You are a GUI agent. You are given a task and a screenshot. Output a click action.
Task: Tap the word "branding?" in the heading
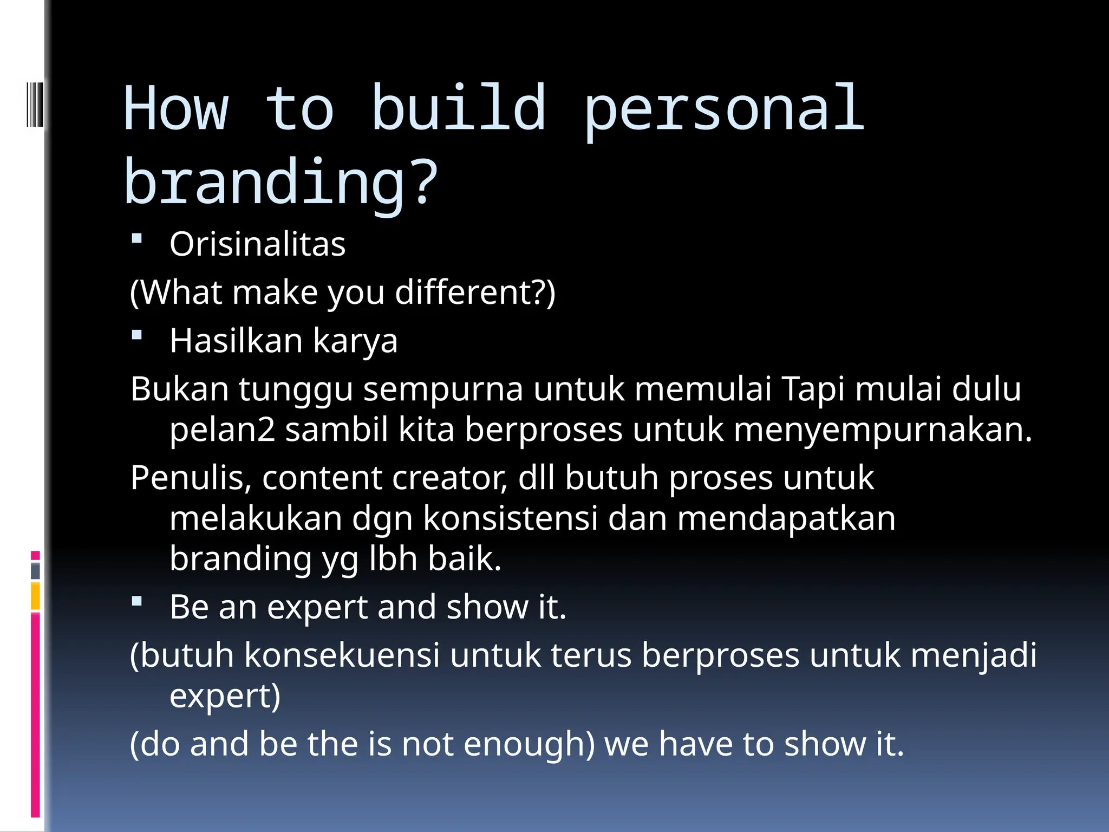coord(280,183)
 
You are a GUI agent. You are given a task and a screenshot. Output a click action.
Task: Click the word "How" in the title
coord(176,109)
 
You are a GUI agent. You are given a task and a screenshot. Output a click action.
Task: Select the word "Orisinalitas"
coord(257,244)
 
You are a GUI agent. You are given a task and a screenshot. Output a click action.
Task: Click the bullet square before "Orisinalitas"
coord(137,238)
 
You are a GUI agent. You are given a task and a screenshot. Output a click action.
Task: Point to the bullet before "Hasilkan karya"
coord(137,335)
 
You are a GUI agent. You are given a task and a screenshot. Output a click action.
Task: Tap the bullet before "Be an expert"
coord(137,601)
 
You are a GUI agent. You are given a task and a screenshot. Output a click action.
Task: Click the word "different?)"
coord(475,292)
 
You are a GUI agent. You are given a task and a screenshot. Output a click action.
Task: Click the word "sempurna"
coord(443,389)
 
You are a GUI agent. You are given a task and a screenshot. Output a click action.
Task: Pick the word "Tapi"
coord(813,389)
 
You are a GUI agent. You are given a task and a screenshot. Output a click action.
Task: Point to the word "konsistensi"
coord(510,518)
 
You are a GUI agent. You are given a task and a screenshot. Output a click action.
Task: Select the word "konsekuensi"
coord(342,655)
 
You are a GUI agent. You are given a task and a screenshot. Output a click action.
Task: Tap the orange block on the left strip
coord(35,595)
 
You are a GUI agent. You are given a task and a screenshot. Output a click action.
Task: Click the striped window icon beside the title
coord(35,104)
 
